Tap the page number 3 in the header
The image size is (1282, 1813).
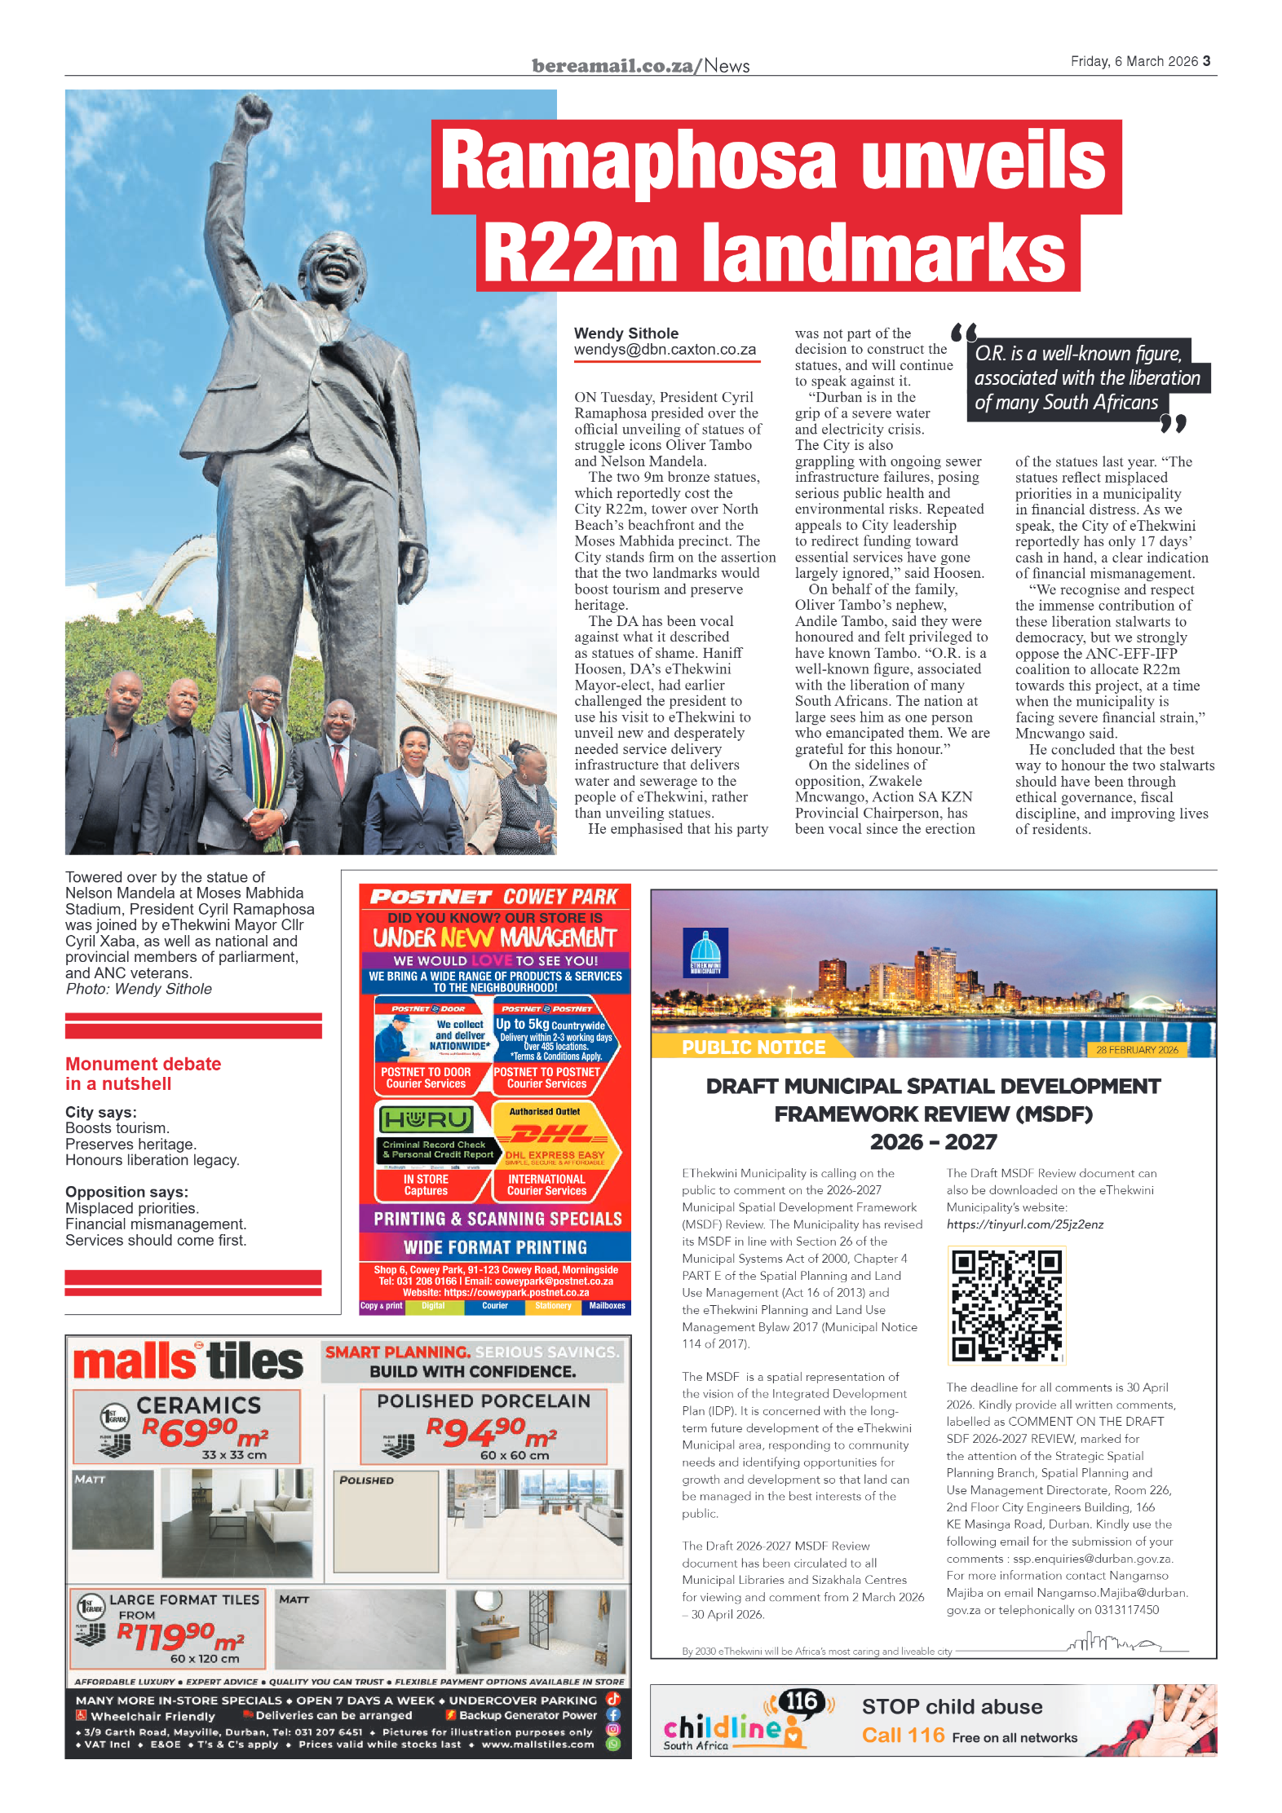(1206, 61)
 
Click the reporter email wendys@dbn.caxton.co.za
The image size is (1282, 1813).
(665, 350)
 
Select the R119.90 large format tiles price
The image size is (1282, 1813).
(179, 1635)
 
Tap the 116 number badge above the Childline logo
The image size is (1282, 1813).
(801, 1701)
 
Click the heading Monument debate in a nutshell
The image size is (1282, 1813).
(144, 1074)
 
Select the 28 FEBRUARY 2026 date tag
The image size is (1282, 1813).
(1137, 1050)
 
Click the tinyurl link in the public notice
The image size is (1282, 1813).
(1025, 1224)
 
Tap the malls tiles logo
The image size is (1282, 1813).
(188, 1362)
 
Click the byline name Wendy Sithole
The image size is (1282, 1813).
(626, 333)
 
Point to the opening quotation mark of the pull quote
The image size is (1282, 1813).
(964, 333)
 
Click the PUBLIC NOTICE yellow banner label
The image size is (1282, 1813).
(754, 1048)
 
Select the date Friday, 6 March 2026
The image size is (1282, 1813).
(1134, 61)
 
